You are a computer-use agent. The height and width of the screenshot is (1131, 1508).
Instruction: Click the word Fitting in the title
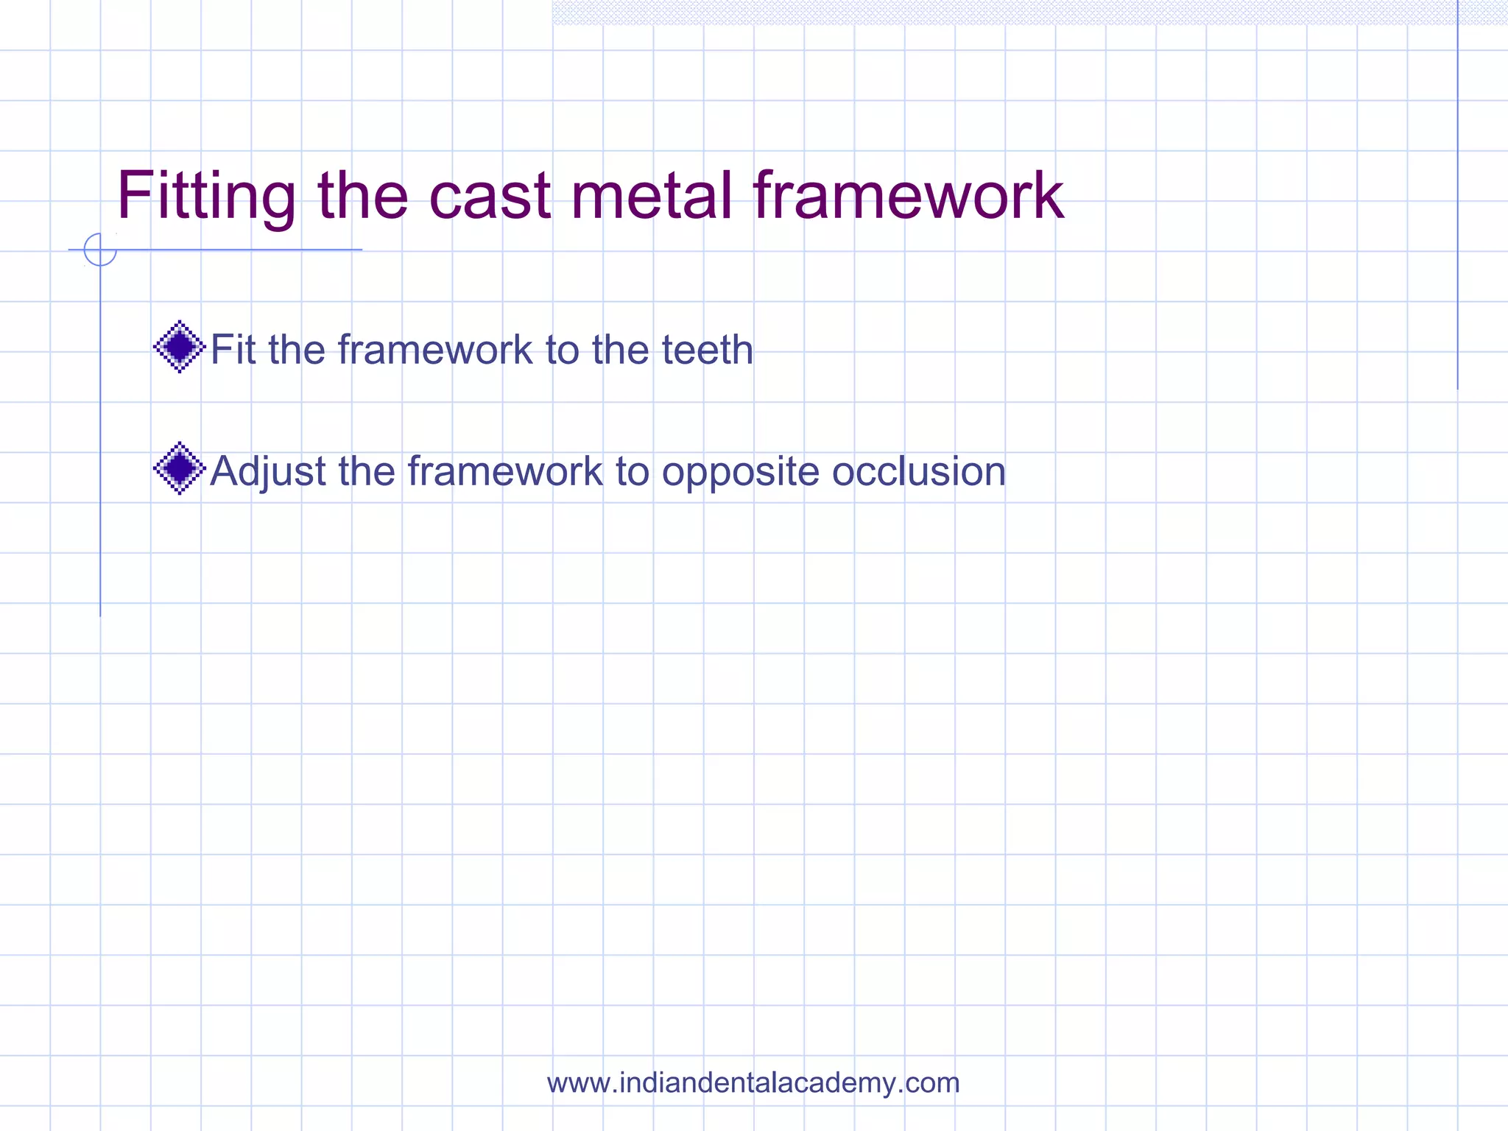206,196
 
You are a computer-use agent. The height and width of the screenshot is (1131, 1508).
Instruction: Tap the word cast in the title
490,196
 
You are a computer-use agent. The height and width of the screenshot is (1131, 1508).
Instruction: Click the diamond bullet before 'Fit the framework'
179,347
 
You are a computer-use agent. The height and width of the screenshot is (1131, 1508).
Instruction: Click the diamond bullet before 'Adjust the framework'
179,468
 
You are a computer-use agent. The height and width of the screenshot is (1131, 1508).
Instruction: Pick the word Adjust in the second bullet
268,471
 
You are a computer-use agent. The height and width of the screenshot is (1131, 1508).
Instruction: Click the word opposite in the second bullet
740,473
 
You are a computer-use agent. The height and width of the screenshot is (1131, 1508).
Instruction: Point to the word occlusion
918,471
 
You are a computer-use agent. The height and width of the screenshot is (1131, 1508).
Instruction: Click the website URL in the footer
753,1082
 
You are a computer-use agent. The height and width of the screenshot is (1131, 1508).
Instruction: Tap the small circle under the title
100,250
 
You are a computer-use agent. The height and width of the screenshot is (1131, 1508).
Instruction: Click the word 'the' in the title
362,196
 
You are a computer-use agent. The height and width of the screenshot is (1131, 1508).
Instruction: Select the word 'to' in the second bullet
632,471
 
